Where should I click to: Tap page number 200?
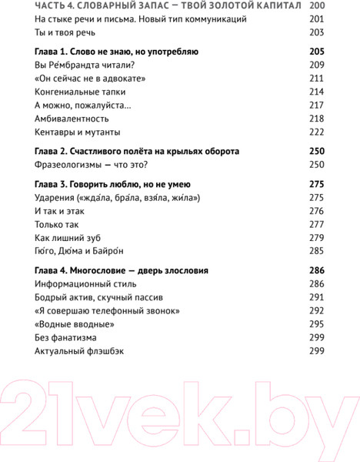(316, 6)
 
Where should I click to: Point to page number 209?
(316, 65)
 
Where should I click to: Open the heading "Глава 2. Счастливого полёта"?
(137, 151)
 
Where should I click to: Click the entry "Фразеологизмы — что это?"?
(91, 164)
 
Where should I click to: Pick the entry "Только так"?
(57, 224)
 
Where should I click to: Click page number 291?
(316, 297)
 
